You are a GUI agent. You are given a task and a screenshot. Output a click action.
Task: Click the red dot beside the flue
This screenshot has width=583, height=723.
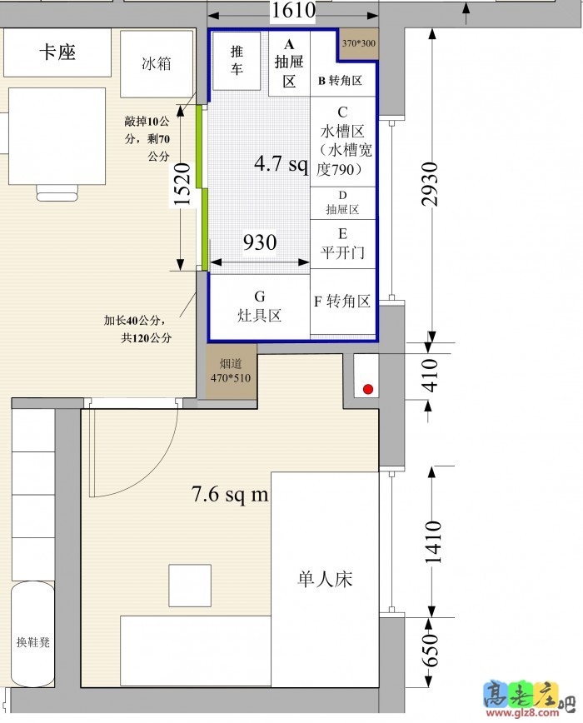coord(368,389)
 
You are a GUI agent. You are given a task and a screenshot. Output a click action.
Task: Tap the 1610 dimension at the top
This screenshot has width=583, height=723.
coord(293,10)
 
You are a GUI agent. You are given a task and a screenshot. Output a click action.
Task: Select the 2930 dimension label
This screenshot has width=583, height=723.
coord(430,184)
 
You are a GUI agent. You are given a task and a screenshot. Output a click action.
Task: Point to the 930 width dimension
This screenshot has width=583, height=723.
coord(260,242)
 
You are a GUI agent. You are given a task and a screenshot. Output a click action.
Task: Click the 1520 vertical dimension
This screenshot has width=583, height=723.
coord(182,184)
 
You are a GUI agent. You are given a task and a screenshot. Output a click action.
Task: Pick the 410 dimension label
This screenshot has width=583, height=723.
coord(430,376)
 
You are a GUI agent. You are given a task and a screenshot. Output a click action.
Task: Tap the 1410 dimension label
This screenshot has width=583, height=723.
coord(433,542)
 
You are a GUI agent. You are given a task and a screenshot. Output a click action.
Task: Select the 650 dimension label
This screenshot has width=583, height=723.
coord(430,651)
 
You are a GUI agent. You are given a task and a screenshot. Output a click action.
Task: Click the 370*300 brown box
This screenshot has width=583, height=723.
coord(359,44)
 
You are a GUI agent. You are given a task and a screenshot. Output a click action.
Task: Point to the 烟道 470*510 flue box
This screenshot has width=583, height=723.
coord(231,371)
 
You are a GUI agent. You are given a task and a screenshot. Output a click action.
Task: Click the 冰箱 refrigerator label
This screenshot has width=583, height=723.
coord(157,63)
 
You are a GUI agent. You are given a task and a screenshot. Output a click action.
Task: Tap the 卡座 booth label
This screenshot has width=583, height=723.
coord(57,52)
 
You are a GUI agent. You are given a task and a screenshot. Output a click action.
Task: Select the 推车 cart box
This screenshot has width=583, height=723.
coord(237,61)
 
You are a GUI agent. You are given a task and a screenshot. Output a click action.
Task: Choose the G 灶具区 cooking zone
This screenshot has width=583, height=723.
coord(260,307)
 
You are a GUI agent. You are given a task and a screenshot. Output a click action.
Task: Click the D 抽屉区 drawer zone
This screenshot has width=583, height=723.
coord(342,203)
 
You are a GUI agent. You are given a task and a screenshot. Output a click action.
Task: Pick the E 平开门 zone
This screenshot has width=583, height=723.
coord(342,244)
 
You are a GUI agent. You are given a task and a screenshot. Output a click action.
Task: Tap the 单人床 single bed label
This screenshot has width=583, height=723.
coord(325,579)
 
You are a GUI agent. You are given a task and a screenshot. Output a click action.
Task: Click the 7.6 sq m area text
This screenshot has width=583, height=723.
coord(230,494)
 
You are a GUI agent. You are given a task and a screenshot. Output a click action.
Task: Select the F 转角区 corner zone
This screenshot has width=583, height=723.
coord(342,302)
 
